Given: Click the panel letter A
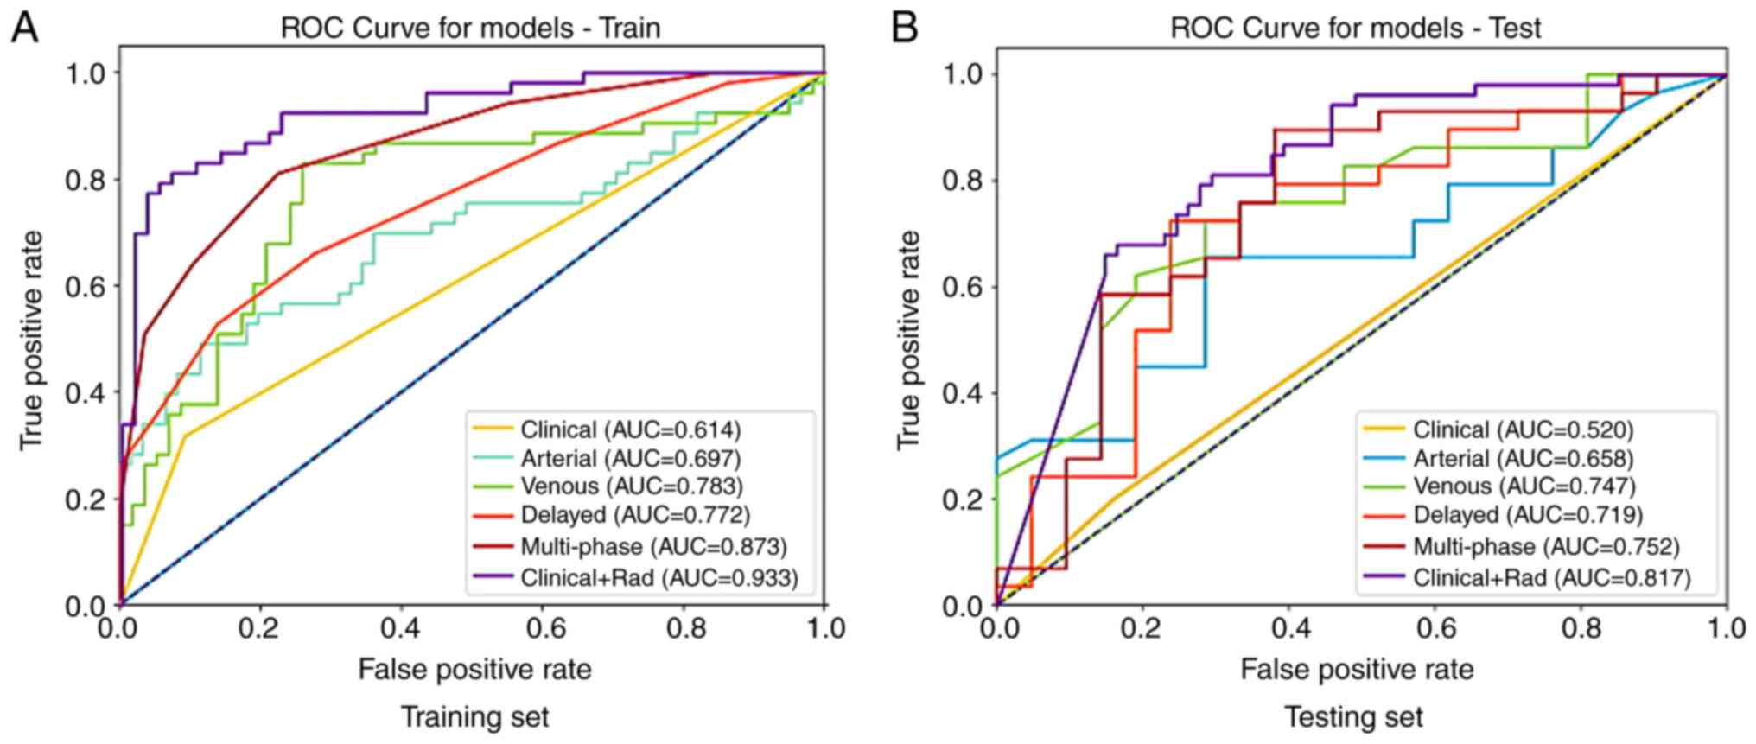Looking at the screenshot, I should tap(24, 28).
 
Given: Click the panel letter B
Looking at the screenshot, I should tap(904, 28).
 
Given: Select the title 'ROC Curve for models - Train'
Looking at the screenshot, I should tap(470, 28).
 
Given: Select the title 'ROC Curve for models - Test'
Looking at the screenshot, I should tap(1355, 28).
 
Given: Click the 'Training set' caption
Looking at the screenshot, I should tap(474, 716).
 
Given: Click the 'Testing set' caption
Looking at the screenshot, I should tap(1353, 716).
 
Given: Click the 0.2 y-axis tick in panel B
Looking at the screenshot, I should tap(963, 499).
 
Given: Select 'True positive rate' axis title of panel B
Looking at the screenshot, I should tap(909, 340).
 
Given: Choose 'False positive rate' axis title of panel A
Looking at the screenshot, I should tap(474, 669).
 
